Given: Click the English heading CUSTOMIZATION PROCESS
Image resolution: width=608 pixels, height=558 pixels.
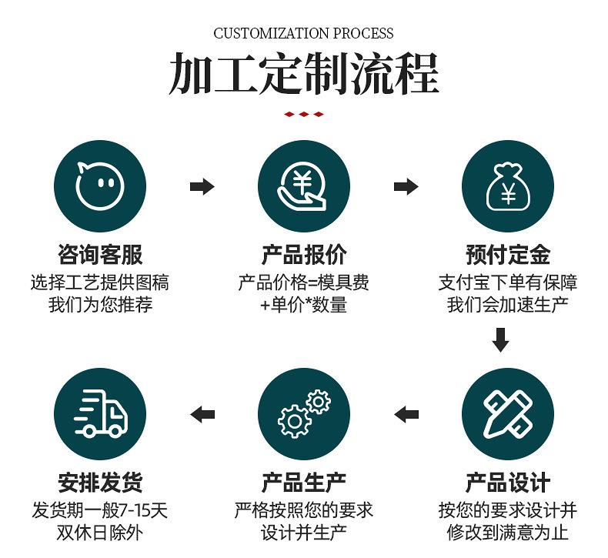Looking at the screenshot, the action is point(303,33).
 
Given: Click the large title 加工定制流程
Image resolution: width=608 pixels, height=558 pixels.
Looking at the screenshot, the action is point(303,74).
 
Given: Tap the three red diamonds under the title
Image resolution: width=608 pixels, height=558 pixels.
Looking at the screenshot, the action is point(303,115).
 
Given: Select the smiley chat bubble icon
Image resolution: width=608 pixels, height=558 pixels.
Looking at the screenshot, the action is point(100,186).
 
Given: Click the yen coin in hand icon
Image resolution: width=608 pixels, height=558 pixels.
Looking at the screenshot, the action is point(303,186).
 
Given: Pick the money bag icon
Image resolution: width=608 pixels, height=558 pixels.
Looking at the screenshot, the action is point(507,186).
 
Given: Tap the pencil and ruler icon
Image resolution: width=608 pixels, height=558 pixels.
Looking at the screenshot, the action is point(507,414).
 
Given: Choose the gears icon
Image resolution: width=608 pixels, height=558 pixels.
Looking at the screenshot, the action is point(303,414).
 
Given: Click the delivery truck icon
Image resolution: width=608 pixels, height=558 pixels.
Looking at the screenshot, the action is point(100,414).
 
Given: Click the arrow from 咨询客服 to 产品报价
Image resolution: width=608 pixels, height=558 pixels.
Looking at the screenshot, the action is point(202,186).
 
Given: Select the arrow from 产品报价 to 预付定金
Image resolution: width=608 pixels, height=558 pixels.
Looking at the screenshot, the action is point(406,186).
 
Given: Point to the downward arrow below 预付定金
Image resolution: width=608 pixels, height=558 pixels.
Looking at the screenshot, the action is point(500,339).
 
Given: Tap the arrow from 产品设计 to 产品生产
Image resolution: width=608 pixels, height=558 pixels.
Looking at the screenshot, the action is point(406,414).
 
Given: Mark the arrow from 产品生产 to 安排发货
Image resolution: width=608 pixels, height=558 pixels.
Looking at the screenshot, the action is point(202,414).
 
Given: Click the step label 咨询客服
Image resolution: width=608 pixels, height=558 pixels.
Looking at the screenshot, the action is point(100,255).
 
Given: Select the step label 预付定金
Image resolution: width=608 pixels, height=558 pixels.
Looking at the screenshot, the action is point(507,255).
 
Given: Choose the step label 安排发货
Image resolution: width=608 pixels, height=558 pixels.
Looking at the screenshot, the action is point(100,483).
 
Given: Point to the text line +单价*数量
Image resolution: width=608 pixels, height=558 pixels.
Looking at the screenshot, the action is point(303,305).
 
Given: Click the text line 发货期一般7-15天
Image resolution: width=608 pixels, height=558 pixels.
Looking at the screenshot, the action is point(100,510).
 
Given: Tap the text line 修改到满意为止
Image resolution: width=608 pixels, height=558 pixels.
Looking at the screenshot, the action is point(507,533).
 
